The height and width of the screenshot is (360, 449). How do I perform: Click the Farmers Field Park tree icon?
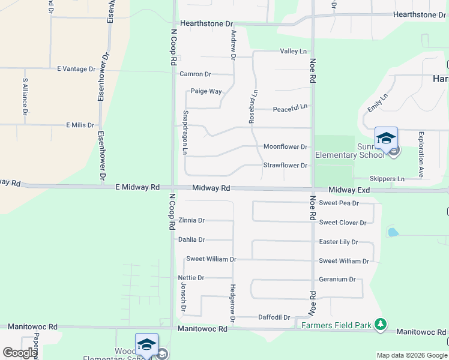[379, 325]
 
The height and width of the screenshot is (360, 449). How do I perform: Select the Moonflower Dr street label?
[285, 146]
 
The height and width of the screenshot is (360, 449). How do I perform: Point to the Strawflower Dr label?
[285, 165]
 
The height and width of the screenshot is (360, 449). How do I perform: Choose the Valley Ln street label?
[294, 52]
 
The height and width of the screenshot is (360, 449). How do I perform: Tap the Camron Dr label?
[195, 74]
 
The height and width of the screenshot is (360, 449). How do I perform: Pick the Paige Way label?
[206, 91]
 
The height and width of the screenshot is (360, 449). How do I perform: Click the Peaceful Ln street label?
[290, 109]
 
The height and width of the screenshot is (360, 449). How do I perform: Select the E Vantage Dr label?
[76, 69]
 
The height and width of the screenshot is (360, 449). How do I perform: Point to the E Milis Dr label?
[80, 125]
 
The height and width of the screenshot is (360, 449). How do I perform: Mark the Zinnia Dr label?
[191, 220]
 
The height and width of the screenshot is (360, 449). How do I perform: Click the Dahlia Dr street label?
[191, 239]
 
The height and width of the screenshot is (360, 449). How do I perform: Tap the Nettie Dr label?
[191, 278]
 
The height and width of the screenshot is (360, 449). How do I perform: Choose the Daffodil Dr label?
[274, 317]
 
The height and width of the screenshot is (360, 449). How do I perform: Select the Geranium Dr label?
[337, 280]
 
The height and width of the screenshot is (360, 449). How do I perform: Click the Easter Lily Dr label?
[339, 242]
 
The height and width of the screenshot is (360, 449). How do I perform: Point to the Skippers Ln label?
[387, 179]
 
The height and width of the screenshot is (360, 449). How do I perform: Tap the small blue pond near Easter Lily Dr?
[393, 232]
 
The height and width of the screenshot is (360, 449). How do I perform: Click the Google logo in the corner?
[20, 353]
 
